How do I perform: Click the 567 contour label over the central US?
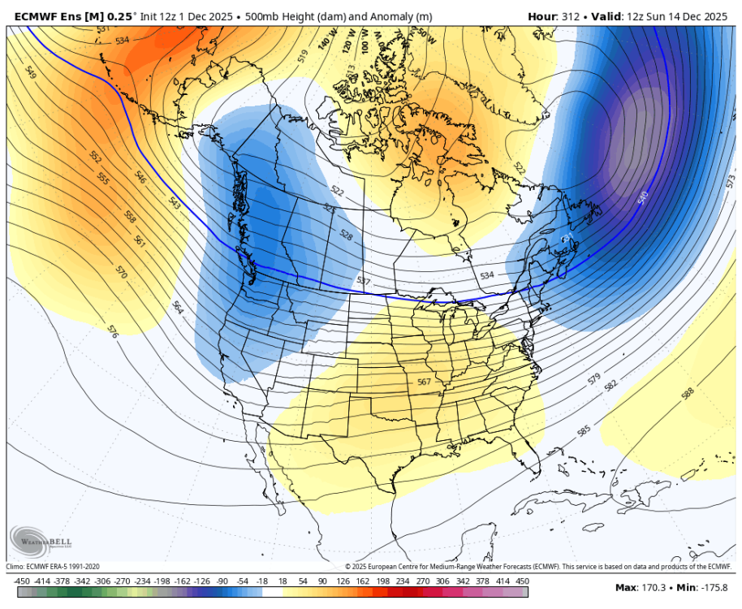tap(424, 382)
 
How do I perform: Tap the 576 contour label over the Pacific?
tap(113, 330)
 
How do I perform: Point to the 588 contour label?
tap(688, 394)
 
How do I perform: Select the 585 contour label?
tap(583, 431)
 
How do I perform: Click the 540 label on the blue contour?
tap(643, 197)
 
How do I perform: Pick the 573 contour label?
tap(730, 179)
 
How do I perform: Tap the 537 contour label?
tap(364, 281)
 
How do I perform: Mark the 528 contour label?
tap(347, 235)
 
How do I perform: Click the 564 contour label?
tap(178, 307)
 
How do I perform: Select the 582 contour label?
tap(610, 386)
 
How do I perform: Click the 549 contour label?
tap(32, 73)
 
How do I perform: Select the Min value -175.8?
tap(712, 587)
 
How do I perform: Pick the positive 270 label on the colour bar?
tap(423, 581)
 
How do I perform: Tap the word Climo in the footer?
tap(15, 566)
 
